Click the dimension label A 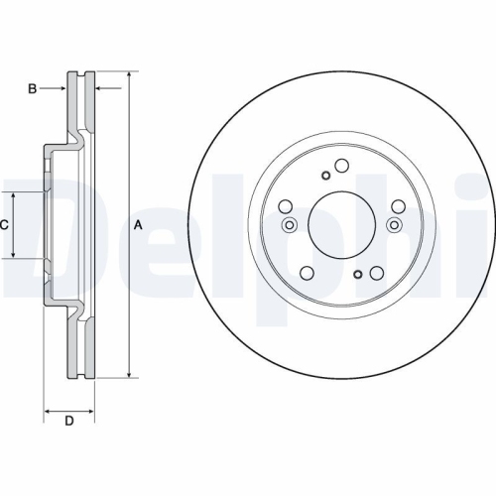coord(138,225)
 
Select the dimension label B coord(32,89)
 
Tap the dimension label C coord(4,225)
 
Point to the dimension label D coord(68,422)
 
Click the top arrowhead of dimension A coord(130,74)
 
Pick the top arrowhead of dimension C coord(14,195)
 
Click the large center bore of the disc coord(341,224)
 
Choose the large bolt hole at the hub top coord(341,166)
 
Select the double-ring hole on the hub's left coord(290,225)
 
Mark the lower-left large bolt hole coord(307,274)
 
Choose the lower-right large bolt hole coord(376,274)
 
